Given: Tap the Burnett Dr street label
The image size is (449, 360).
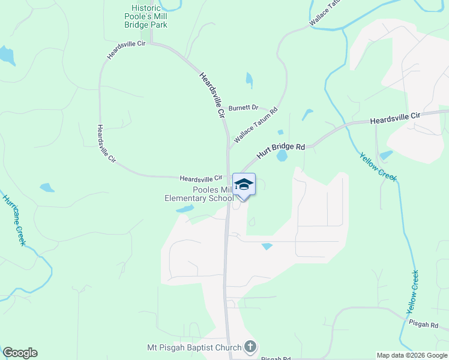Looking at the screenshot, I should tap(243, 107).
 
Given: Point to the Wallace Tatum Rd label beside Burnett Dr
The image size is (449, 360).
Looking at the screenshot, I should tap(256, 124).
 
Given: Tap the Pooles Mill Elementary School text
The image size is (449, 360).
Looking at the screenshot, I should tap(199, 194).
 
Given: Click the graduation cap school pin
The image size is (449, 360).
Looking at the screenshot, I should tap(244, 184).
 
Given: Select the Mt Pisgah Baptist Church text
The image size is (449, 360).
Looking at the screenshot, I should tap(195, 347).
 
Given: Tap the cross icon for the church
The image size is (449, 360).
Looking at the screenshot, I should tap(250, 347).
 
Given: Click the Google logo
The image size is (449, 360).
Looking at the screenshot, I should tap(20, 353).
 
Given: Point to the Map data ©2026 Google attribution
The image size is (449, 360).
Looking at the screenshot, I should tap(412, 355).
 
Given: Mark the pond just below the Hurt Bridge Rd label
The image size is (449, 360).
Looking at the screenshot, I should tap(282, 156).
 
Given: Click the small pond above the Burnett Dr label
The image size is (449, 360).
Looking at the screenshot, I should tap(249, 79).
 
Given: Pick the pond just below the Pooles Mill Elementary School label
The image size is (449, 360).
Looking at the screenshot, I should tap(185, 209).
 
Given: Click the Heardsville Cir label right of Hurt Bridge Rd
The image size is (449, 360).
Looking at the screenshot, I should tap(396, 118).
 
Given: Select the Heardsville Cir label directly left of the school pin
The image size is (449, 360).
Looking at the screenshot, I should tap(201, 178).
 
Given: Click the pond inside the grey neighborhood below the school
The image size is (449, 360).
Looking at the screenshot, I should tap(267, 246).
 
